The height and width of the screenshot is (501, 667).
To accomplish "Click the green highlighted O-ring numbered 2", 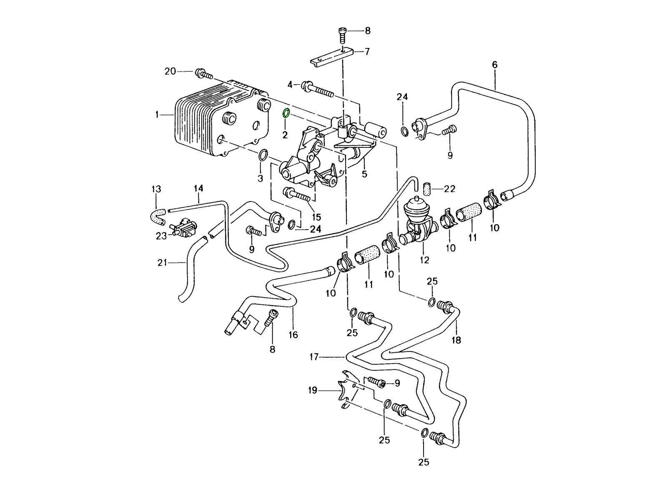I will click(286, 114).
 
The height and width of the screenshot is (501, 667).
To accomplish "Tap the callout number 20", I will click(170, 71).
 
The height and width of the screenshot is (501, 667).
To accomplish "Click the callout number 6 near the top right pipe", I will click(495, 65).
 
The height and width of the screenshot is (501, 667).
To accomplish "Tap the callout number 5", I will click(365, 174).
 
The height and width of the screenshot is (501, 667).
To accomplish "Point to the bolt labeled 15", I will click(296, 194).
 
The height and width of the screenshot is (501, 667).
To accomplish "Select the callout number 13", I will click(156, 190).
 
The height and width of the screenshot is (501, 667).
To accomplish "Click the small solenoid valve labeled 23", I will click(184, 228).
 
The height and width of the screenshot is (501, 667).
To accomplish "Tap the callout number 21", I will click(162, 263).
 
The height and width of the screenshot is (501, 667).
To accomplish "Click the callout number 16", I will click(293, 334).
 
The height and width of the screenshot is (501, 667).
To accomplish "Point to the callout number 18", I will click(456, 340).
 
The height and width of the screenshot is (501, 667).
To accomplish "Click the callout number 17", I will click(314, 357).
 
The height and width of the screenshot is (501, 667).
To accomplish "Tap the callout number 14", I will click(198, 189).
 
